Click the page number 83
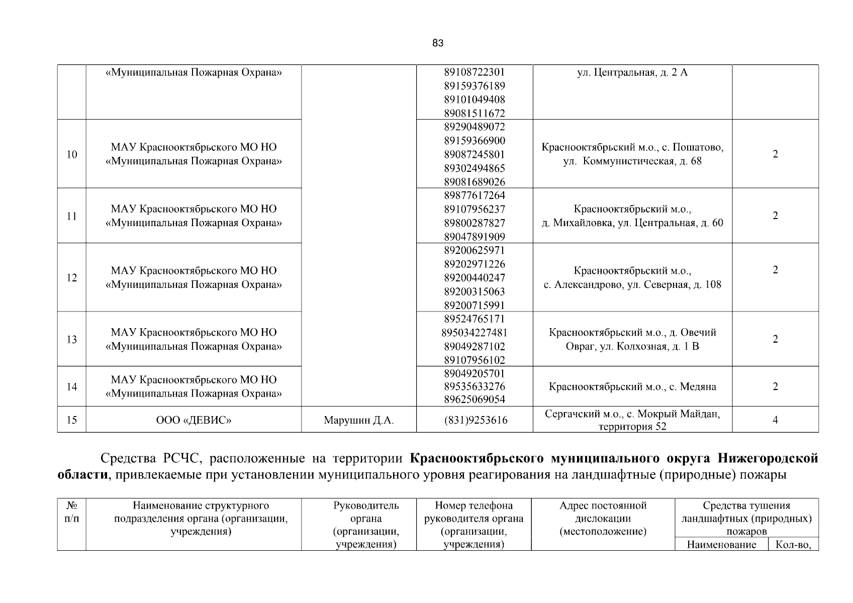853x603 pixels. click(437, 43)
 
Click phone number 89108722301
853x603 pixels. click(474, 72)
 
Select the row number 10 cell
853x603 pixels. click(72, 154)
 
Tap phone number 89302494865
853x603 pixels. click(474, 168)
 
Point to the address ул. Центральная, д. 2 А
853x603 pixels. click(632, 72)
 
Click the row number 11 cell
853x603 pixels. click(72, 216)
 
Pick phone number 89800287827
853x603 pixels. click(474, 223)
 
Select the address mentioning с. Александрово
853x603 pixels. click(632, 278)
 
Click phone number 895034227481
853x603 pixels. click(474, 333)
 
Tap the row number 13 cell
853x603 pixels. click(72, 340)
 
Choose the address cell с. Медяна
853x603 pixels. click(632, 387)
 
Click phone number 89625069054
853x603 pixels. click(474, 400)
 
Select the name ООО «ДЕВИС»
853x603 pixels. click(194, 420)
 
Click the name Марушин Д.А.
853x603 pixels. click(358, 420)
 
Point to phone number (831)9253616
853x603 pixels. click(474, 420)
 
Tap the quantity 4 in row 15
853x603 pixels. click(775, 420)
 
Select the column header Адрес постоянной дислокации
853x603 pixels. click(603, 519)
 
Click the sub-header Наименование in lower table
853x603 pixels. click(721, 545)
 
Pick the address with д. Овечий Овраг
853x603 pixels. click(632, 340)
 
